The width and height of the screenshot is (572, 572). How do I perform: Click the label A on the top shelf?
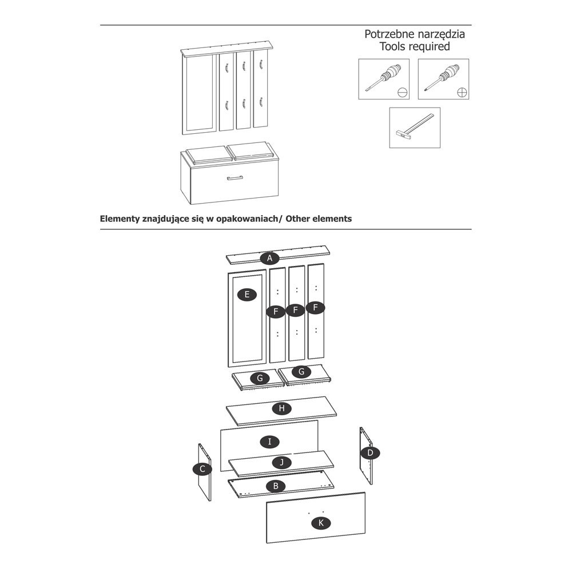pos(269,258)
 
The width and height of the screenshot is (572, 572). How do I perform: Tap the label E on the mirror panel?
pos(247,295)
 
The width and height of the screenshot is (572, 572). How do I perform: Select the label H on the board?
pos(281,408)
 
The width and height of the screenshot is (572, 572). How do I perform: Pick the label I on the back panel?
pos(269,441)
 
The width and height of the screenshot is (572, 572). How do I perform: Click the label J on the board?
pos(281,462)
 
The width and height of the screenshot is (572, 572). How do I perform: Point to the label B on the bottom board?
pos(276,486)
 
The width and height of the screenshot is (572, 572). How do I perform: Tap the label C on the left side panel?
pos(202,469)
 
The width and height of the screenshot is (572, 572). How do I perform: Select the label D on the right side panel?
pos(370,453)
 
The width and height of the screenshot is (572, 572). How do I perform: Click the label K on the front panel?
pos(321,522)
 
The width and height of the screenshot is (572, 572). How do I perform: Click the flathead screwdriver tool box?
pos(384,79)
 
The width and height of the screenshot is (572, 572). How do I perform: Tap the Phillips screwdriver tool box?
pos(443,79)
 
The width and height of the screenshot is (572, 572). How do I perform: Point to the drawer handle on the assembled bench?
pos(235,178)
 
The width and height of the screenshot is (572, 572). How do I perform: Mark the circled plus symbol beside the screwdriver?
pos(462,92)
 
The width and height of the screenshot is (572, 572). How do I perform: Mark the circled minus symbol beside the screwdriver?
pos(403,92)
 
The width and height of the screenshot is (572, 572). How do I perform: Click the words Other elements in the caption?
pos(319,219)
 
